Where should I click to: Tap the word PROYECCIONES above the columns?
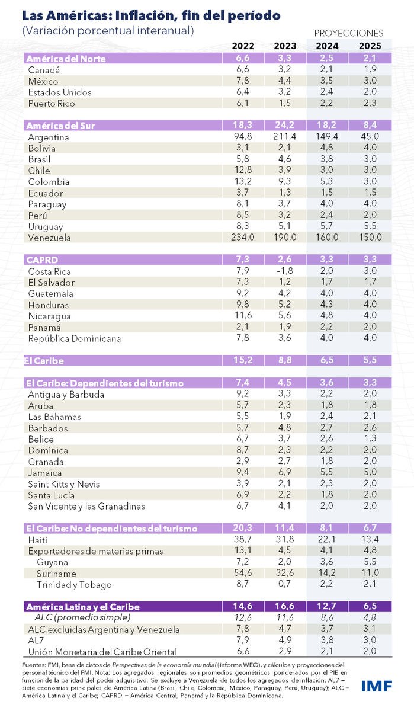click(x=348, y=33)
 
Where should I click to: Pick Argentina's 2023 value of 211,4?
click(x=285, y=137)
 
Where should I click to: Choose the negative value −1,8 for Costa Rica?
click(x=286, y=271)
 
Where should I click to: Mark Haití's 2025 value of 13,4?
click(x=370, y=540)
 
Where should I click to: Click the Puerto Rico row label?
click(x=52, y=103)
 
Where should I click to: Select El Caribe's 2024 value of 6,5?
click(x=328, y=360)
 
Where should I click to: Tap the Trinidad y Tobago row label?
click(x=74, y=585)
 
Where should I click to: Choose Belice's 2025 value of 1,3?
click(x=370, y=439)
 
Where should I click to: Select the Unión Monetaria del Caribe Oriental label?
click(x=102, y=652)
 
